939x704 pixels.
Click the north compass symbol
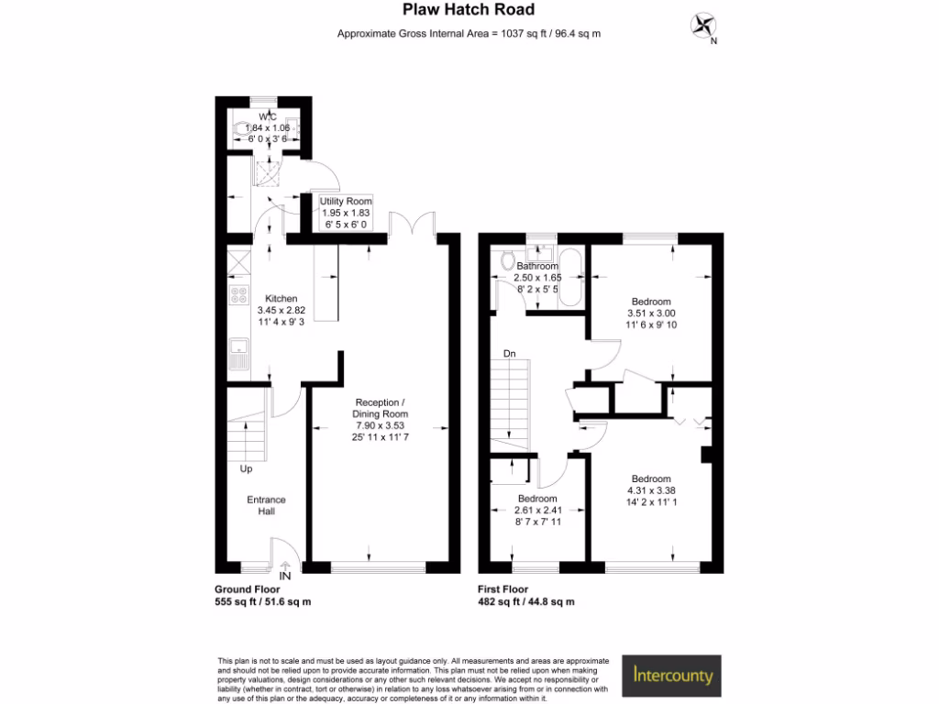point(704,26)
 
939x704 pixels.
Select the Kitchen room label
point(282,299)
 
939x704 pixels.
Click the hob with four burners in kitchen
point(238,295)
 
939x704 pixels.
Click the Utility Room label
point(346,201)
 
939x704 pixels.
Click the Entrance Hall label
point(266,505)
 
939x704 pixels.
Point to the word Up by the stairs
point(246,469)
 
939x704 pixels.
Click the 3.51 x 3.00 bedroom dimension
point(651,313)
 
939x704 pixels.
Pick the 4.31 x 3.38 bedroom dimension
point(650,490)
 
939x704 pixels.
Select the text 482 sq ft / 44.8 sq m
point(525,602)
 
